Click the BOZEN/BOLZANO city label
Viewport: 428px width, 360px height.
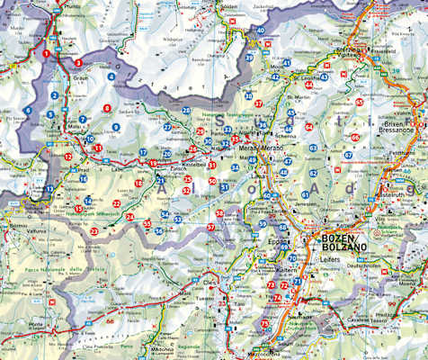click(339, 242)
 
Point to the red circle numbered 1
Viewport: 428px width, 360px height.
click(46, 54)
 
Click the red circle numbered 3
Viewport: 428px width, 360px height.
click(79, 63)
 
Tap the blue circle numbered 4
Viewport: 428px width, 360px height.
click(111, 76)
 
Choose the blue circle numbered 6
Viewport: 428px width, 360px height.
click(28, 110)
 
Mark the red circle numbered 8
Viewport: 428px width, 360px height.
click(107, 109)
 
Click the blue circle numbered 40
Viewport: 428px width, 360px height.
click(261, 30)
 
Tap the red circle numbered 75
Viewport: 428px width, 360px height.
click(265, 324)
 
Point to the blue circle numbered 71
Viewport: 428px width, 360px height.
click(296, 282)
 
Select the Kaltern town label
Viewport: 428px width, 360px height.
click(287, 269)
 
